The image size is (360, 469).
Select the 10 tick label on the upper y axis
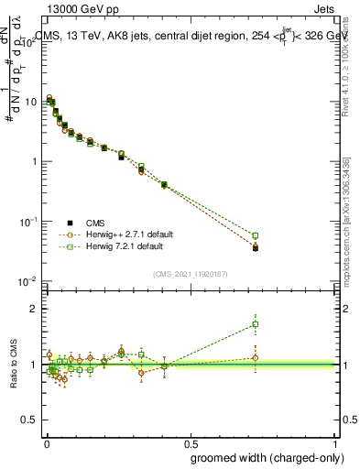point(31,102)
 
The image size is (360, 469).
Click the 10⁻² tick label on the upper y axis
point(29,280)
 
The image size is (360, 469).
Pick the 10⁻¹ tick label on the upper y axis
point(29,221)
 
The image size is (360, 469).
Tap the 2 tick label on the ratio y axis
point(34,309)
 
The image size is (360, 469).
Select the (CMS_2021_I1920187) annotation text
point(190,273)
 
